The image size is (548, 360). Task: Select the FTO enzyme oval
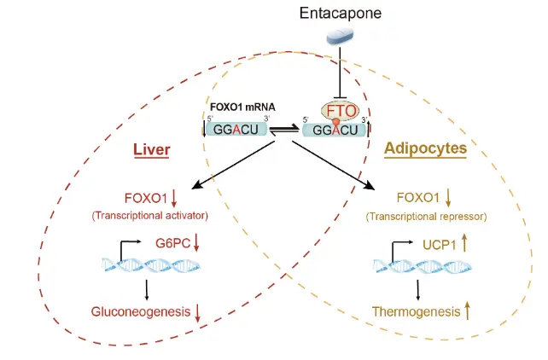click(340, 111)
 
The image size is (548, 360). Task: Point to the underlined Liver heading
click(151, 151)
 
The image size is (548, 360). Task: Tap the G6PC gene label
click(172, 242)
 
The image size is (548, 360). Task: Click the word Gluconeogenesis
click(141, 311)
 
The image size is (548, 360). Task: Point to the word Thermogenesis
click(415, 311)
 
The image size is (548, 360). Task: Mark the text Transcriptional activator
click(150, 216)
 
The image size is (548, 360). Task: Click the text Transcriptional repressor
click(425, 217)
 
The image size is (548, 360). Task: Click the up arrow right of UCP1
click(440, 243)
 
